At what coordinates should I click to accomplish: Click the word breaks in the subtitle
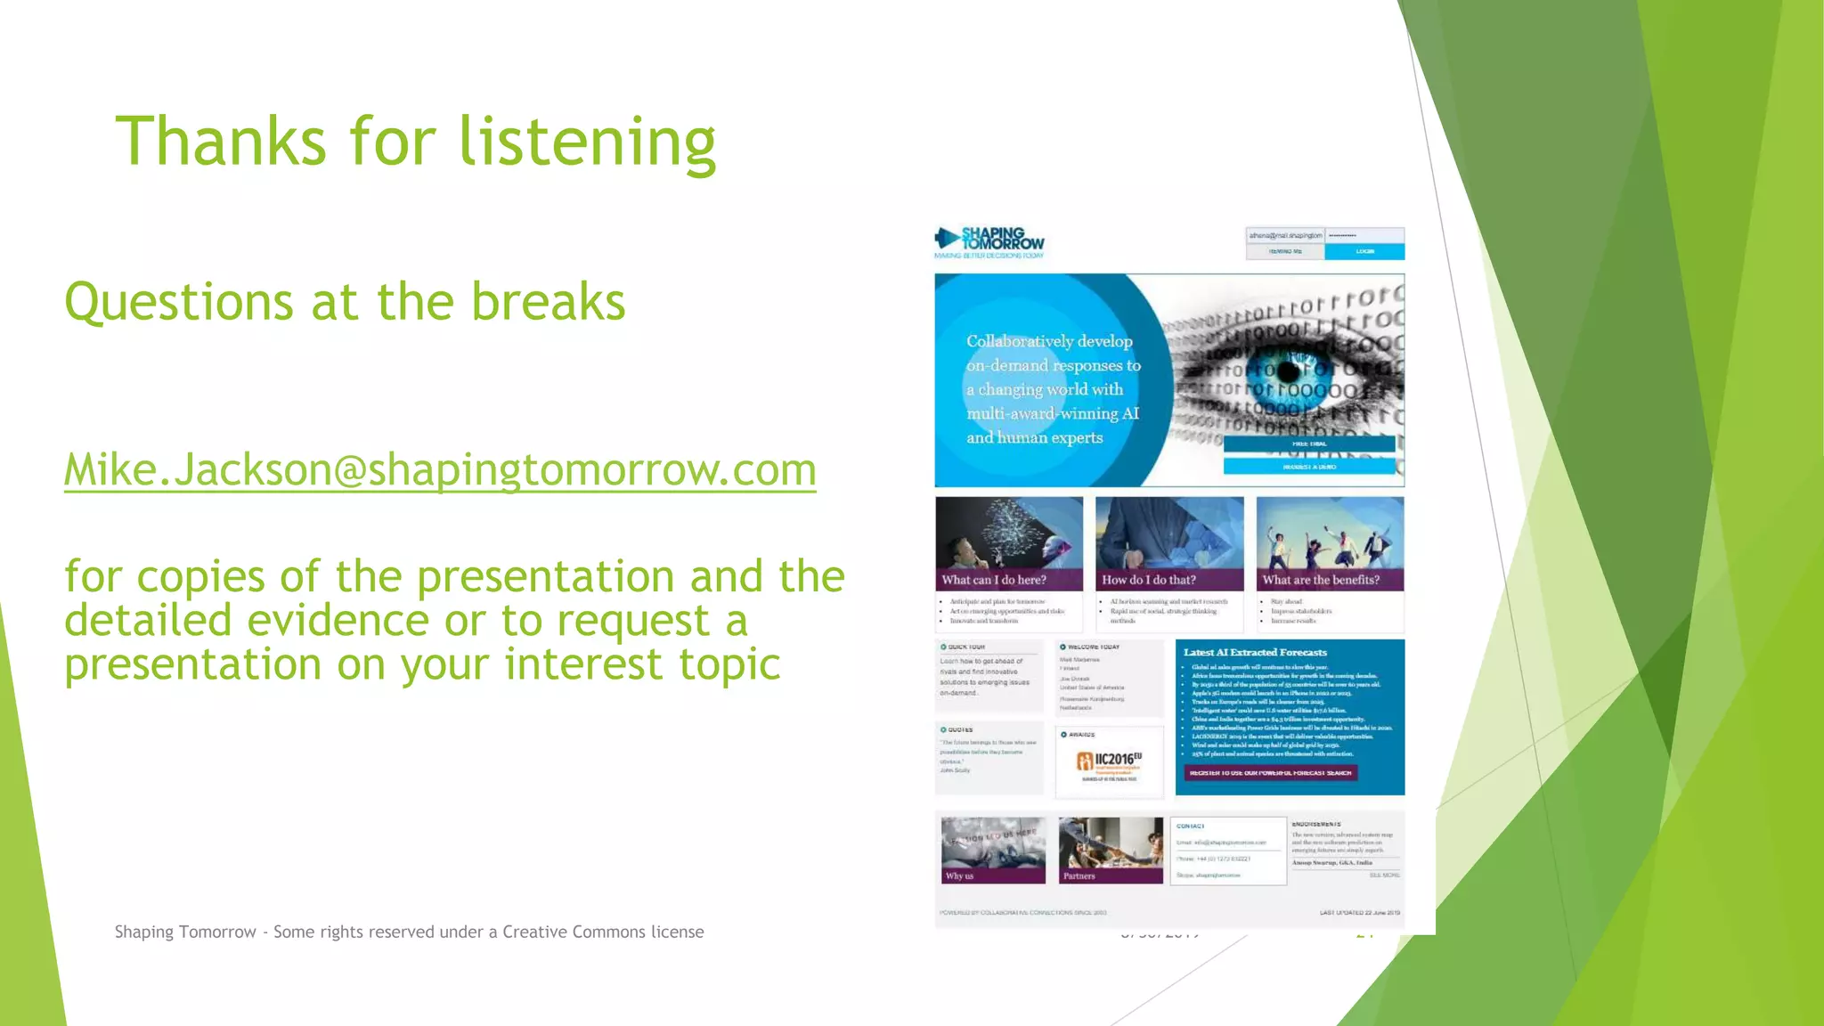(x=548, y=302)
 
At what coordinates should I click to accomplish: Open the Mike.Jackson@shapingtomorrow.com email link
(x=440, y=469)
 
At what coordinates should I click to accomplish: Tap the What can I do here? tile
(x=1008, y=544)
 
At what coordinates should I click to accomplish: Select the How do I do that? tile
(x=1168, y=544)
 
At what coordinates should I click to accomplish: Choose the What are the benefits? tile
(x=1330, y=544)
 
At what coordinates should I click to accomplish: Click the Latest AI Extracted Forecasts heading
(x=1254, y=653)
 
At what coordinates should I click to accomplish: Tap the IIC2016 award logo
(x=1109, y=762)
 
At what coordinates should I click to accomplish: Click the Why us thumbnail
(x=993, y=850)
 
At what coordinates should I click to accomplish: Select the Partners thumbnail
(x=1111, y=850)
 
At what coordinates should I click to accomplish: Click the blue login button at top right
(x=1364, y=251)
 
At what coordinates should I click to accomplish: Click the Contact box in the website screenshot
(x=1227, y=851)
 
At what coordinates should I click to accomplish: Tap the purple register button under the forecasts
(x=1270, y=773)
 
